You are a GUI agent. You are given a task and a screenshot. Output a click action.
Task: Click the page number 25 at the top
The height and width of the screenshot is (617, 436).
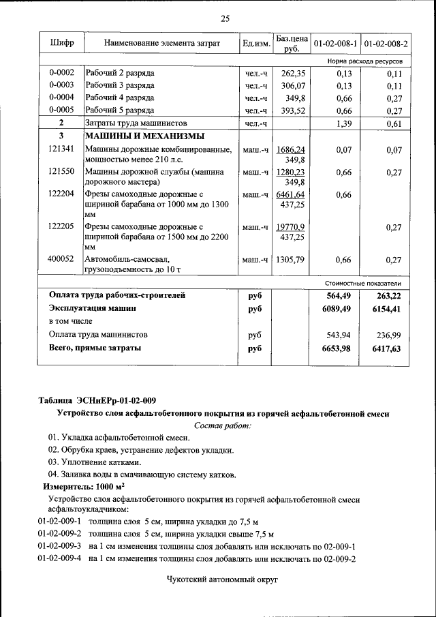(225, 18)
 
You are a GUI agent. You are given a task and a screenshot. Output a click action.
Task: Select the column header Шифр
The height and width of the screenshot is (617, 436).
(61, 43)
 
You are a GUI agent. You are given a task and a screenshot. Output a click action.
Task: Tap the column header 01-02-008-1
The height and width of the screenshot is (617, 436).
(335, 43)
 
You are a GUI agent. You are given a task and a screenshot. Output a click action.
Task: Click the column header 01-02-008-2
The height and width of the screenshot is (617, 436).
(386, 43)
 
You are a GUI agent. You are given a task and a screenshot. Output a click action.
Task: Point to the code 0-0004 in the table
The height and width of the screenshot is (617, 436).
(61, 97)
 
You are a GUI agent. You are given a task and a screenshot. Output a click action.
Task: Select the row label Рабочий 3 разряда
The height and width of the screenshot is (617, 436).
(119, 85)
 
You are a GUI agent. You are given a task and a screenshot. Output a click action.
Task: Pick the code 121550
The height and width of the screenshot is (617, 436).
(61, 172)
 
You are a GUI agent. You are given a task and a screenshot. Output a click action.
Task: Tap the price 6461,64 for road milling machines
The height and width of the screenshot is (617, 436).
(291, 194)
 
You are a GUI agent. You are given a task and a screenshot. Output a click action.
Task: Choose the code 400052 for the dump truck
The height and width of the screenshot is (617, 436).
(61, 259)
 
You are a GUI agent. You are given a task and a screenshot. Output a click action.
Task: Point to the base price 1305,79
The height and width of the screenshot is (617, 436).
(291, 259)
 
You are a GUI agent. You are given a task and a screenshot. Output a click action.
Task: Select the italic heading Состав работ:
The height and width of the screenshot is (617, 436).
(223, 425)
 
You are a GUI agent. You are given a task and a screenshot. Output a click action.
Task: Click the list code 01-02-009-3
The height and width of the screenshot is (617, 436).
(59, 546)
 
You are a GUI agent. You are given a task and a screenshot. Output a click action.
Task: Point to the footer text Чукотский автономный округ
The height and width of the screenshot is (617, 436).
(223, 579)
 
